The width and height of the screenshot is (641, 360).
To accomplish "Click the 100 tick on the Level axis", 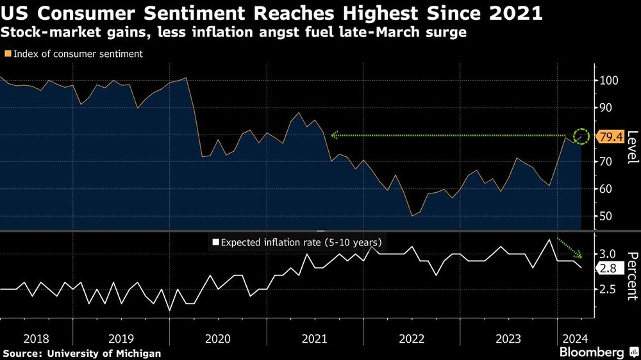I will pyautogui.click(x=608, y=81).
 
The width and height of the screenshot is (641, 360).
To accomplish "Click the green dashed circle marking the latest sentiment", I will pyautogui.click(x=581, y=136).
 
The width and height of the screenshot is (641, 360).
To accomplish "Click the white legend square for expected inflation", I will pyautogui.click(x=215, y=242).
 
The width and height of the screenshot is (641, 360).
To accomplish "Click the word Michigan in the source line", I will pyautogui.click(x=138, y=353).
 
